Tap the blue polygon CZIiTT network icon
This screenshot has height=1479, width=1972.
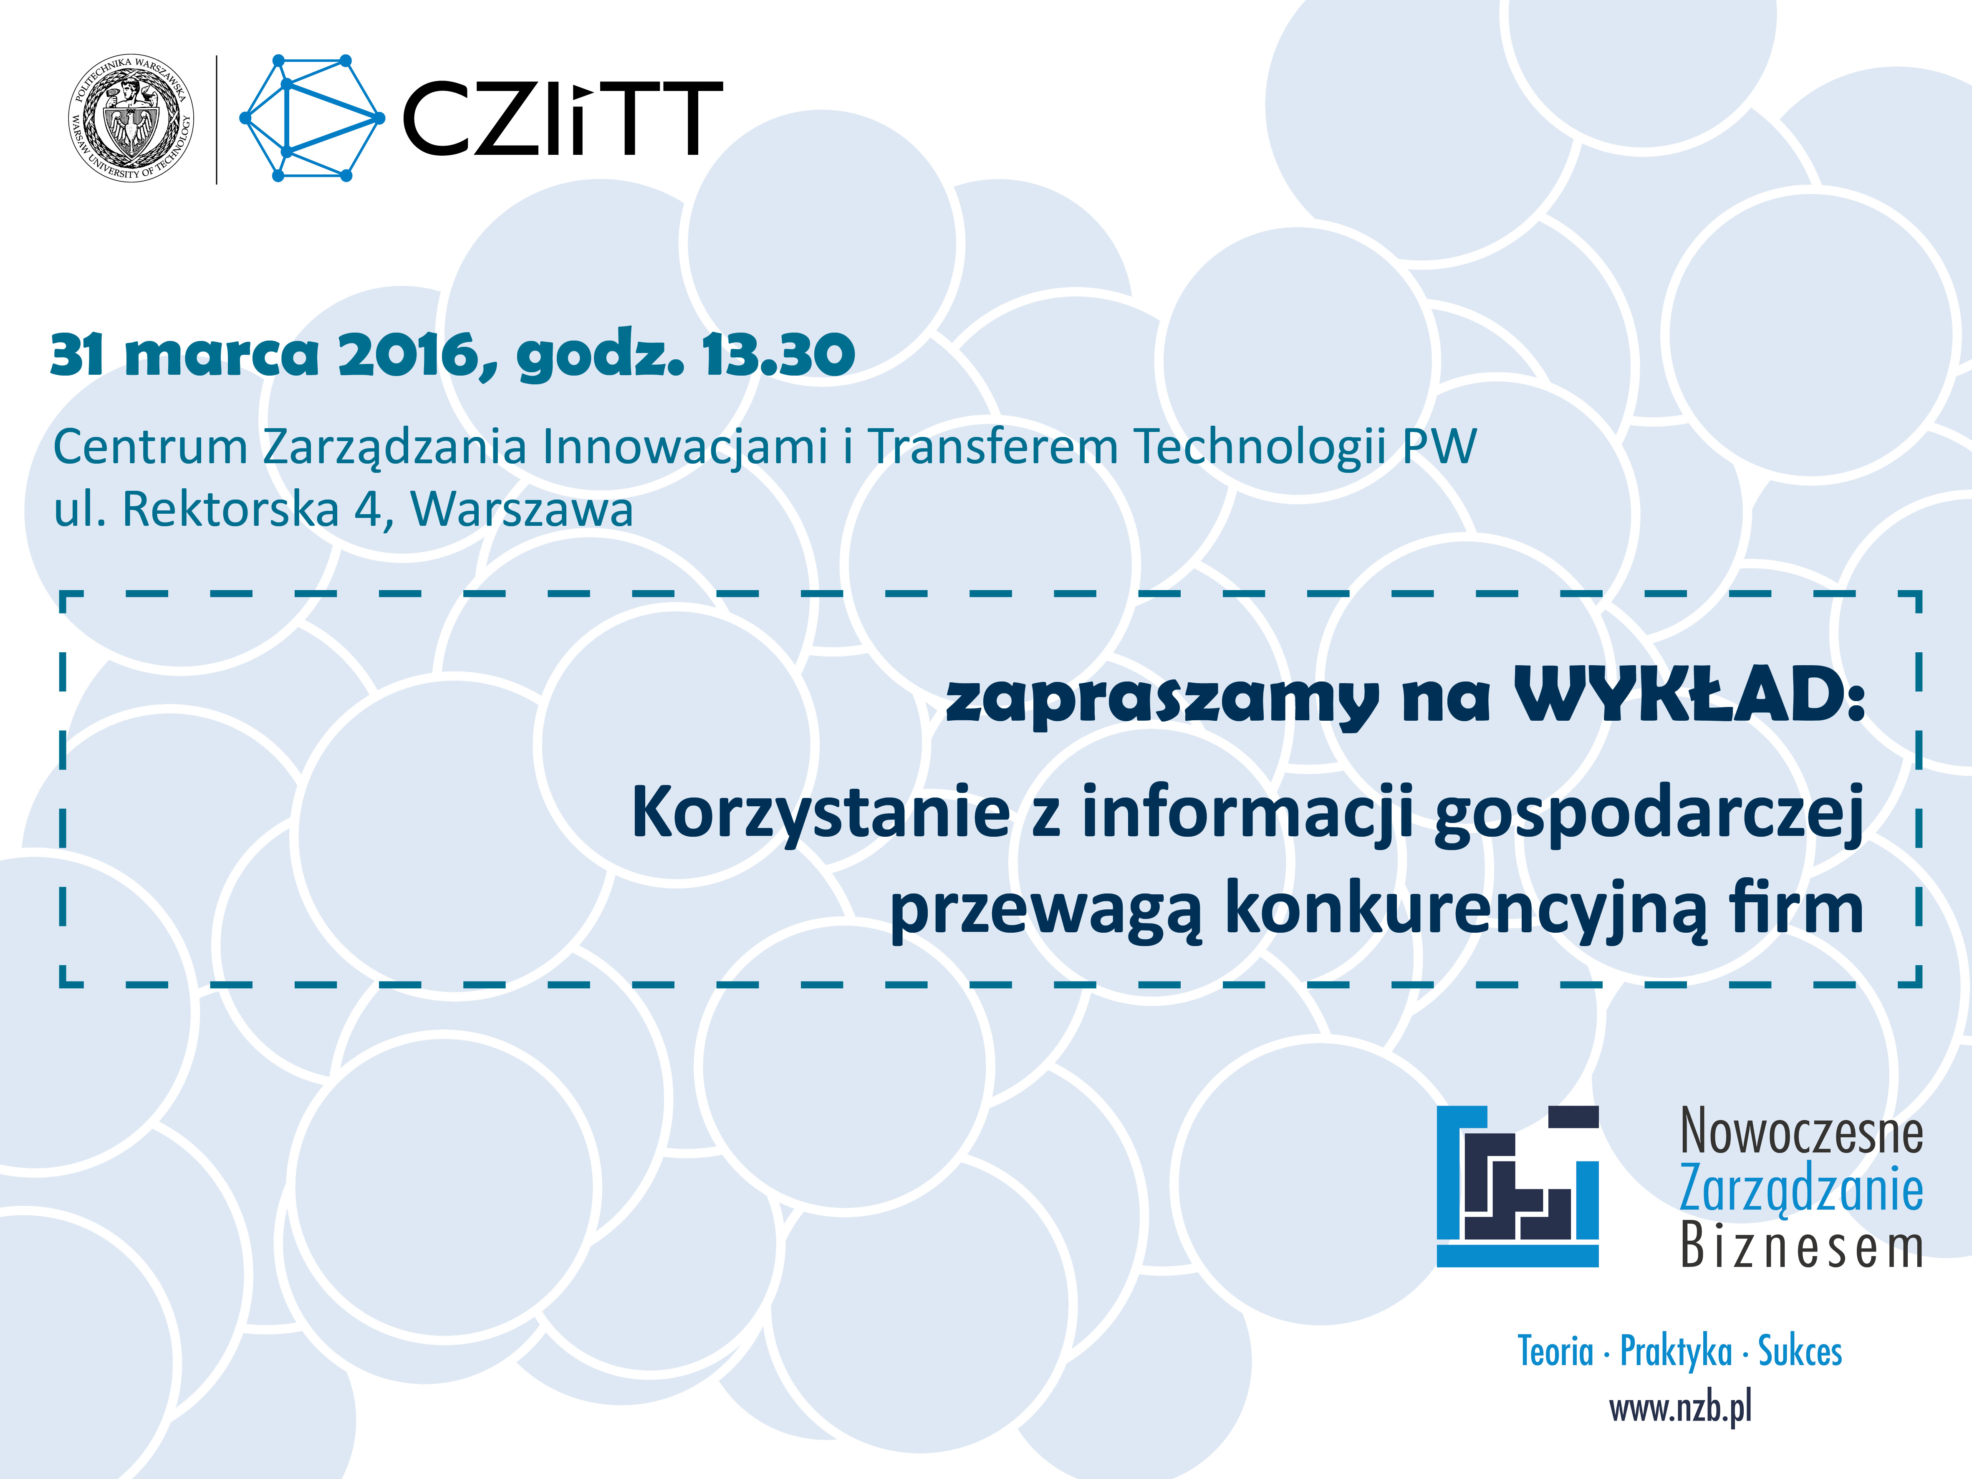312,119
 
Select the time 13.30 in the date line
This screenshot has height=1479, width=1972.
778,355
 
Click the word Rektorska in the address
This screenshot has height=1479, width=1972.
230,510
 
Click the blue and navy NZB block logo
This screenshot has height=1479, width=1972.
1518,1186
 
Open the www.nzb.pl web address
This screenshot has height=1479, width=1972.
1681,1408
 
